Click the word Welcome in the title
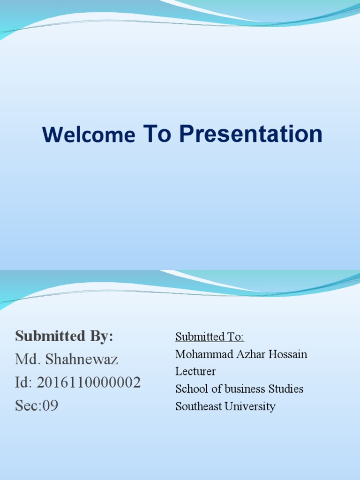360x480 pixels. pyautogui.click(x=88, y=135)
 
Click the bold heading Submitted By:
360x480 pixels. pyautogui.click(x=64, y=336)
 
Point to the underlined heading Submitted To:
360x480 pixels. pyautogui.click(x=210, y=337)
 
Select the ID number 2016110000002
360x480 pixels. pyautogui.click(x=89, y=382)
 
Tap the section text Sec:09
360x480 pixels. pyautogui.click(x=37, y=405)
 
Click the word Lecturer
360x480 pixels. pyautogui.click(x=195, y=372)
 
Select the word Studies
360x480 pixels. pyautogui.click(x=286, y=389)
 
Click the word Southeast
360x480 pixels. pyautogui.click(x=198, y=406)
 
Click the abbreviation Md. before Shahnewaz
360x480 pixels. pyautogui.click(x=26, y=360)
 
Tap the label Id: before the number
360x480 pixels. pyautogui.click(x=24, y=382)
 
